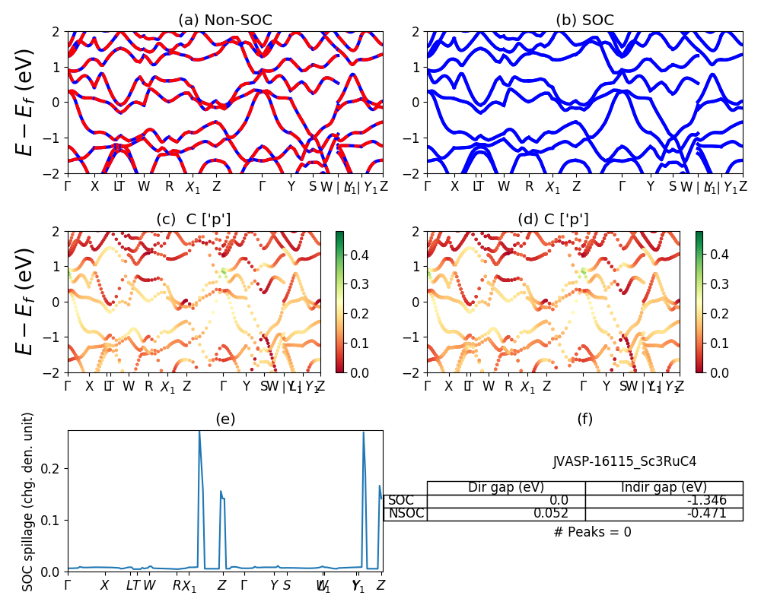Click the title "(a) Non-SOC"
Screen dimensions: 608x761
[x=224, y=21]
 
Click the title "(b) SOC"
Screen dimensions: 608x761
[x=584, y=21]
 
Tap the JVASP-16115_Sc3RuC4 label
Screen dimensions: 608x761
[x=624, y=461]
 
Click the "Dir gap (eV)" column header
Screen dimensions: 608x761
[x=506, y=487]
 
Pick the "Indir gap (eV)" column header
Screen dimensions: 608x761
[x=664, y=487]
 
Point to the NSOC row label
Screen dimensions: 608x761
[x=406, y=513]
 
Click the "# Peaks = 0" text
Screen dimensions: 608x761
[x=592, y=532]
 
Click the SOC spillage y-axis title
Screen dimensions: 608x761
[x=28, y=502]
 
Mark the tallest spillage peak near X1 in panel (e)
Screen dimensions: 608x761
[x=199, y=432]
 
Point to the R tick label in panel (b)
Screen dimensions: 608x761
[x=529, y=186]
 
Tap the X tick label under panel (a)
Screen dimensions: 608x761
[x=95, y=186]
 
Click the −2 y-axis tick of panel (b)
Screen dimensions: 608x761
[x=415, y=173]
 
